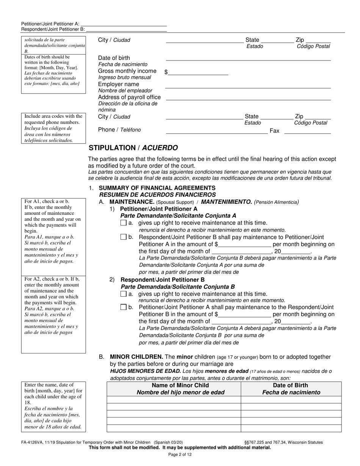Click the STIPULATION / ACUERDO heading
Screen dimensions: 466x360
[133, 148]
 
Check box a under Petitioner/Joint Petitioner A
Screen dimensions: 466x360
[123, 223]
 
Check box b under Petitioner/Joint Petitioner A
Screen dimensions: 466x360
[123, 237]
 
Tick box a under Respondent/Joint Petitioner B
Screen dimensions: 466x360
[123, 294]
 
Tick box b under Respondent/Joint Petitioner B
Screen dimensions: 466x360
[123, 307]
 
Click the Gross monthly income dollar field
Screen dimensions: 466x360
[198, 72]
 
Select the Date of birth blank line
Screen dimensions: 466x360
[248, 58]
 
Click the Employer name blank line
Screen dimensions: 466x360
[248, 86]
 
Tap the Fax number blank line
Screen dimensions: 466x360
[307, 131]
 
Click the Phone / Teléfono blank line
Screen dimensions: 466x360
[217, 131]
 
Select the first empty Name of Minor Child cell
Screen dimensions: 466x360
[174, 400]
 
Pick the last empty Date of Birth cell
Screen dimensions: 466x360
[291, 428]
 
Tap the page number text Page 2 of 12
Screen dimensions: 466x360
[180, 455]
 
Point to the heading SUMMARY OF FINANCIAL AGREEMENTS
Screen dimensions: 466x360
[157, 188]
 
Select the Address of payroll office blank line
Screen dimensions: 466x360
[248, 98]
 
